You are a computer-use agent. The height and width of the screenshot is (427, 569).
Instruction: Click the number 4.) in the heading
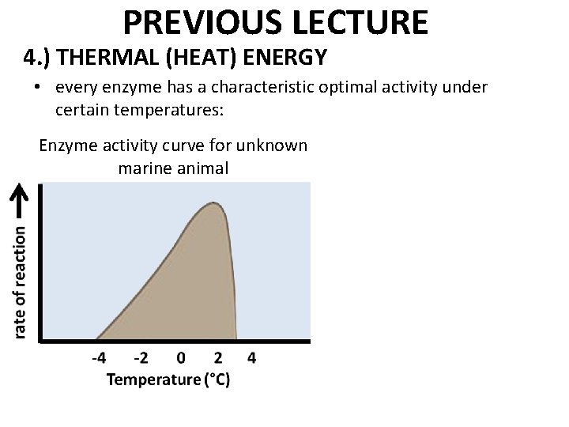coord(37,58)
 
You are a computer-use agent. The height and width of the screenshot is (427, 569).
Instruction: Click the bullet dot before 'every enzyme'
coord(37,87)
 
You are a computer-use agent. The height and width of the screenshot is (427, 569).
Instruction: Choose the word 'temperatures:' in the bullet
coord(169,110)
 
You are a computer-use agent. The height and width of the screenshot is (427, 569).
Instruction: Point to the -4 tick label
coord(100,358)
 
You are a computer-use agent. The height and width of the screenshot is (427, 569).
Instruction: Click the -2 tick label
coord(139,358)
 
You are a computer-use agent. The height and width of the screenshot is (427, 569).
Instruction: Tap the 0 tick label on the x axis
coord(181,358)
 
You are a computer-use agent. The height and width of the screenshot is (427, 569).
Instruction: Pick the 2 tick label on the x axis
coord(218,358)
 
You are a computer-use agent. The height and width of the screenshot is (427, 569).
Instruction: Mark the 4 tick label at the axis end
coord(251,358)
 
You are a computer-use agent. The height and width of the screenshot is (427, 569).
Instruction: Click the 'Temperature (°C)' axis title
coord(168,380)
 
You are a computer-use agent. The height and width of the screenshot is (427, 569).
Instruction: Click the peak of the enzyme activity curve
coord(213,203)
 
